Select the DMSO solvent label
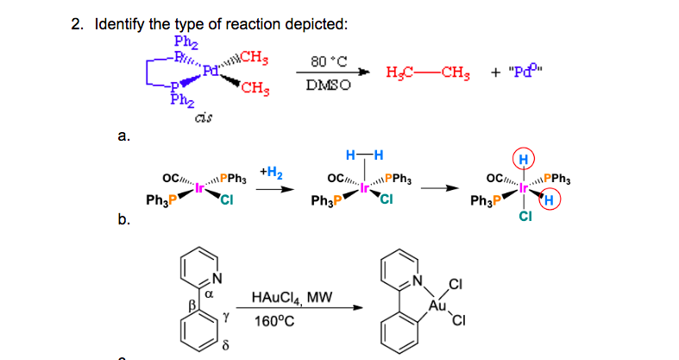pyautogui.click(x=325, y=86)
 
